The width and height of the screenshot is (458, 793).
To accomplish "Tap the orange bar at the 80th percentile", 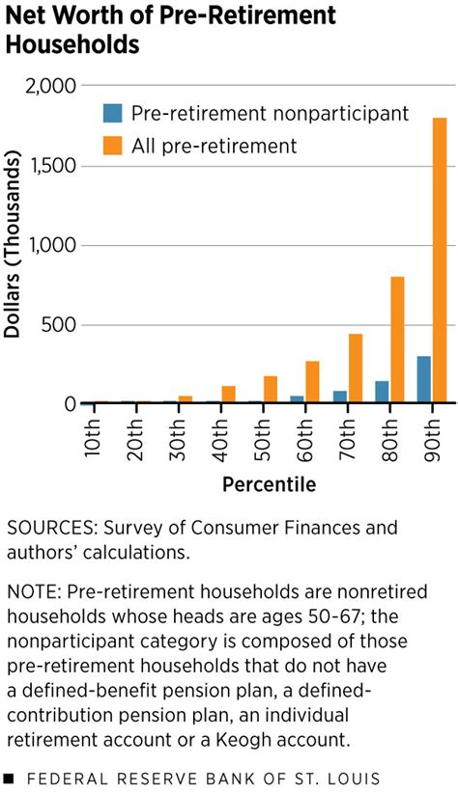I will click(397, 339).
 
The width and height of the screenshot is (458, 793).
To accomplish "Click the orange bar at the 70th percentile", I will click(355, 367).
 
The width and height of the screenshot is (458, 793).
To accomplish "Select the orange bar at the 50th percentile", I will click(270, 388).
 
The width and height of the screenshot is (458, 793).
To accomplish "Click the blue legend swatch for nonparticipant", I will click(113, 114).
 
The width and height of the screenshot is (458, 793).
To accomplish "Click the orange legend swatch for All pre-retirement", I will click(113, 146).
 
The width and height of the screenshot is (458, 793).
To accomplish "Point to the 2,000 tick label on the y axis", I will click(49, 86).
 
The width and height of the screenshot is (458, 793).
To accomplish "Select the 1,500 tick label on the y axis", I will click(49, 166).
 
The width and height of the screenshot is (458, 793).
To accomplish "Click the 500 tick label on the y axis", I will click(59, 324).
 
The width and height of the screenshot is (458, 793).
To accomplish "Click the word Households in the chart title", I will click(73, 44).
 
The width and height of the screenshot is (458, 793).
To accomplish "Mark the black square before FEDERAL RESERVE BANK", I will click(9, 778).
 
